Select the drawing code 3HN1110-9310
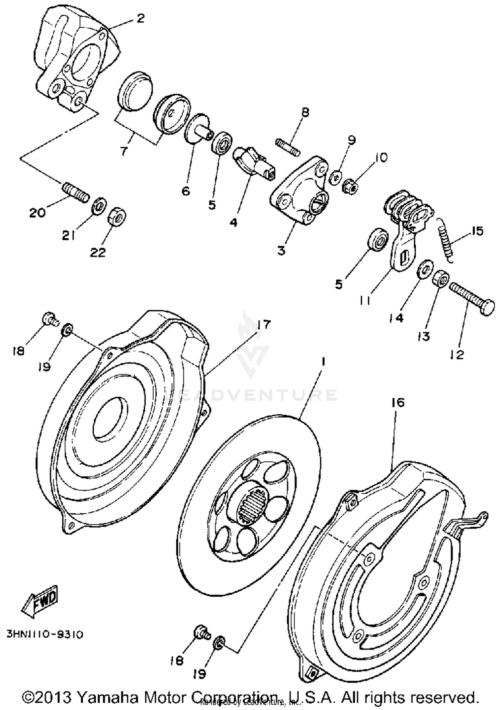tap(45, 634)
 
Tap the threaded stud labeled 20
tap(75, 191)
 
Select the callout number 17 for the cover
tap(263, 324)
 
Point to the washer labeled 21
tap(99, 206)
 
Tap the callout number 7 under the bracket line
tap(124, 151)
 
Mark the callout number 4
tap(233, 222)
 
